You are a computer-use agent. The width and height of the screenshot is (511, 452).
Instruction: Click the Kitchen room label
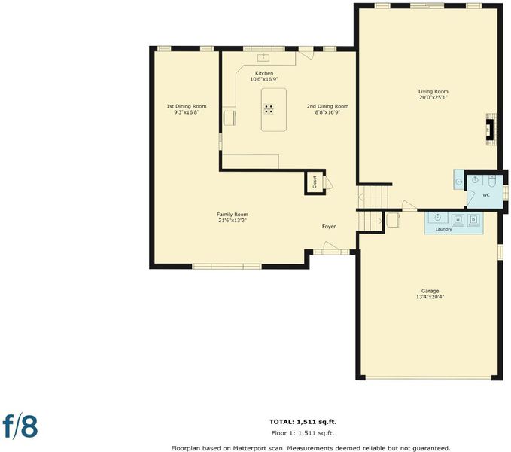(x=264, y=73)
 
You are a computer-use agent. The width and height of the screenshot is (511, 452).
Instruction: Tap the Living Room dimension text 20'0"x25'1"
(x=433, y=97)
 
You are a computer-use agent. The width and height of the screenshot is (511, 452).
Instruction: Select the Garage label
(x=430, y=291)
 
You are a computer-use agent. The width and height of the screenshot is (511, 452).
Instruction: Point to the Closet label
(x=315, y=182)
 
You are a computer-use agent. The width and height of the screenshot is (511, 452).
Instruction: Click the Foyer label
(x=328, y=226)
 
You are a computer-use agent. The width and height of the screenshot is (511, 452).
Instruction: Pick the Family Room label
(x=233, y=215)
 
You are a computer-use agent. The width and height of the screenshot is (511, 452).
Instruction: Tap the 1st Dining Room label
(x=187, y=106)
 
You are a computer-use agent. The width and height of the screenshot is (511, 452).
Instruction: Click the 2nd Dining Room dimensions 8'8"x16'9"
(x=327, y=112)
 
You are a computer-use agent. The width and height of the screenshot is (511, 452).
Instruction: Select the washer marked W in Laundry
(x=458, y=220)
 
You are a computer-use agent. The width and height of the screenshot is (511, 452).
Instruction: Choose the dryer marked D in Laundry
(x=473, y=220)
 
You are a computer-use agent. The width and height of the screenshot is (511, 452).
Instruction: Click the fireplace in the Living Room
(x=491, y=130)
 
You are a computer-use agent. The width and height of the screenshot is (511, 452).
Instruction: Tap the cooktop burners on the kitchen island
(x=268, y=109)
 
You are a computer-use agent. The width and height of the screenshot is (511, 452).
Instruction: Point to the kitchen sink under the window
(x=263, y=58)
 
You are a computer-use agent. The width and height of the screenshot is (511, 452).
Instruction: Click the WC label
(x=486, y=195)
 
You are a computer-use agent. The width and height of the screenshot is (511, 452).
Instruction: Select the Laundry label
(x=443, y=229)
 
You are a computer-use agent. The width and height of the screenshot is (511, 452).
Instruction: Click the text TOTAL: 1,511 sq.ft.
(x=303, y=422)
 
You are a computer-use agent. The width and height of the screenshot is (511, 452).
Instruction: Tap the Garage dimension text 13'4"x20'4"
(x=430, y=297)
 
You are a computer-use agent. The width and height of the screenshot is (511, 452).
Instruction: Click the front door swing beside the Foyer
(x=332, y=246)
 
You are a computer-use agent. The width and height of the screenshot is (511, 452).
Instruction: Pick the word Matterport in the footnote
(x=248, y=448)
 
